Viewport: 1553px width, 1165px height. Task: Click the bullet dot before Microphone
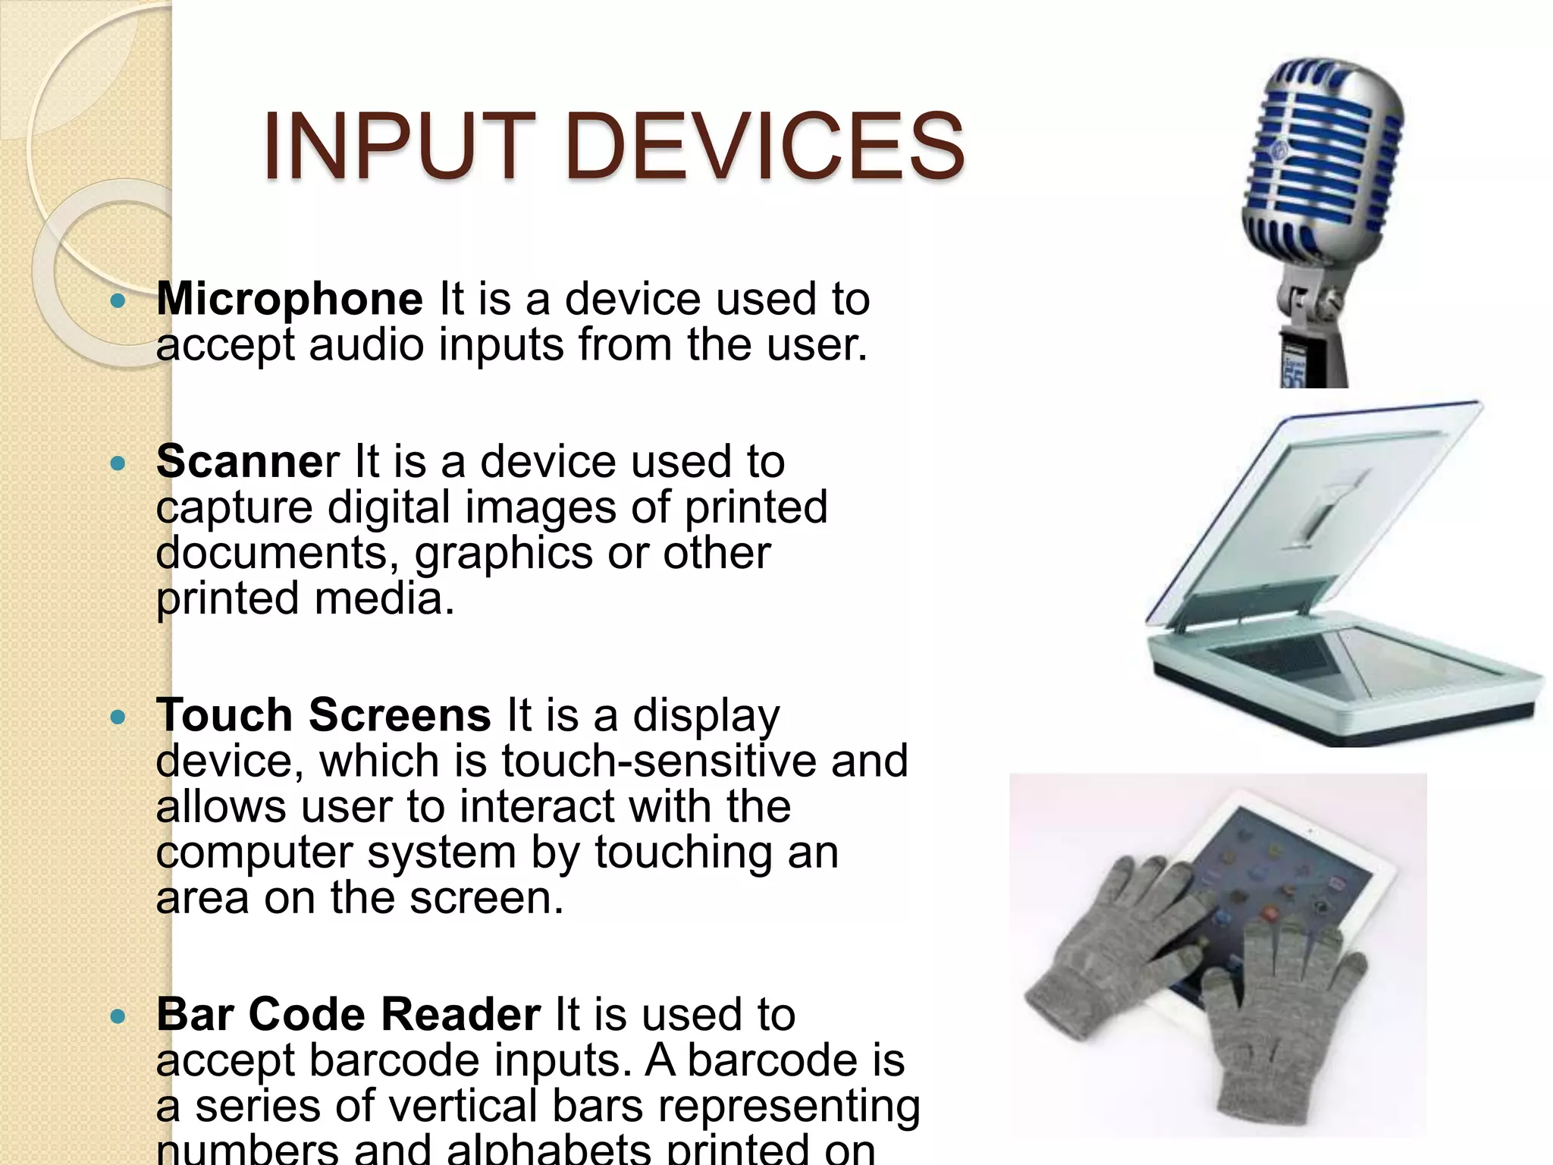coord(118,301)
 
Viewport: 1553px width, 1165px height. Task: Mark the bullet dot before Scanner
coord(118,463)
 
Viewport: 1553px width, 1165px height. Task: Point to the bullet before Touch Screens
coord(118,718)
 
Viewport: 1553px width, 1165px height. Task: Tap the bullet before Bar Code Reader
coord(118,1016)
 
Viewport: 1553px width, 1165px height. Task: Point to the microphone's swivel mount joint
coord(1312,303)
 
